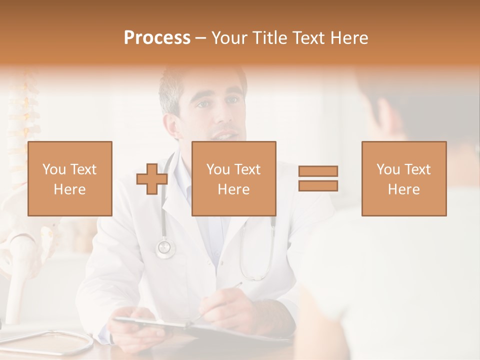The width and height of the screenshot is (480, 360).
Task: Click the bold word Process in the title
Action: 157,38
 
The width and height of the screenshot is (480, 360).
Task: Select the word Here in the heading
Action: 348,38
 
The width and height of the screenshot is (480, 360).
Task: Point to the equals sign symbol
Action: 318,178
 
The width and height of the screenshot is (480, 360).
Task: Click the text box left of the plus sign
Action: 70,178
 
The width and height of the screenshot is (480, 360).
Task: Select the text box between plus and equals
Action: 233,178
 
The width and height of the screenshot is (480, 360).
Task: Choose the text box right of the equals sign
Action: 403,178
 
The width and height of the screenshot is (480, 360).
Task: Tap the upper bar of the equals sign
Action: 318,171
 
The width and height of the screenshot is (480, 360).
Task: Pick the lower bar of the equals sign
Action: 318,185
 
